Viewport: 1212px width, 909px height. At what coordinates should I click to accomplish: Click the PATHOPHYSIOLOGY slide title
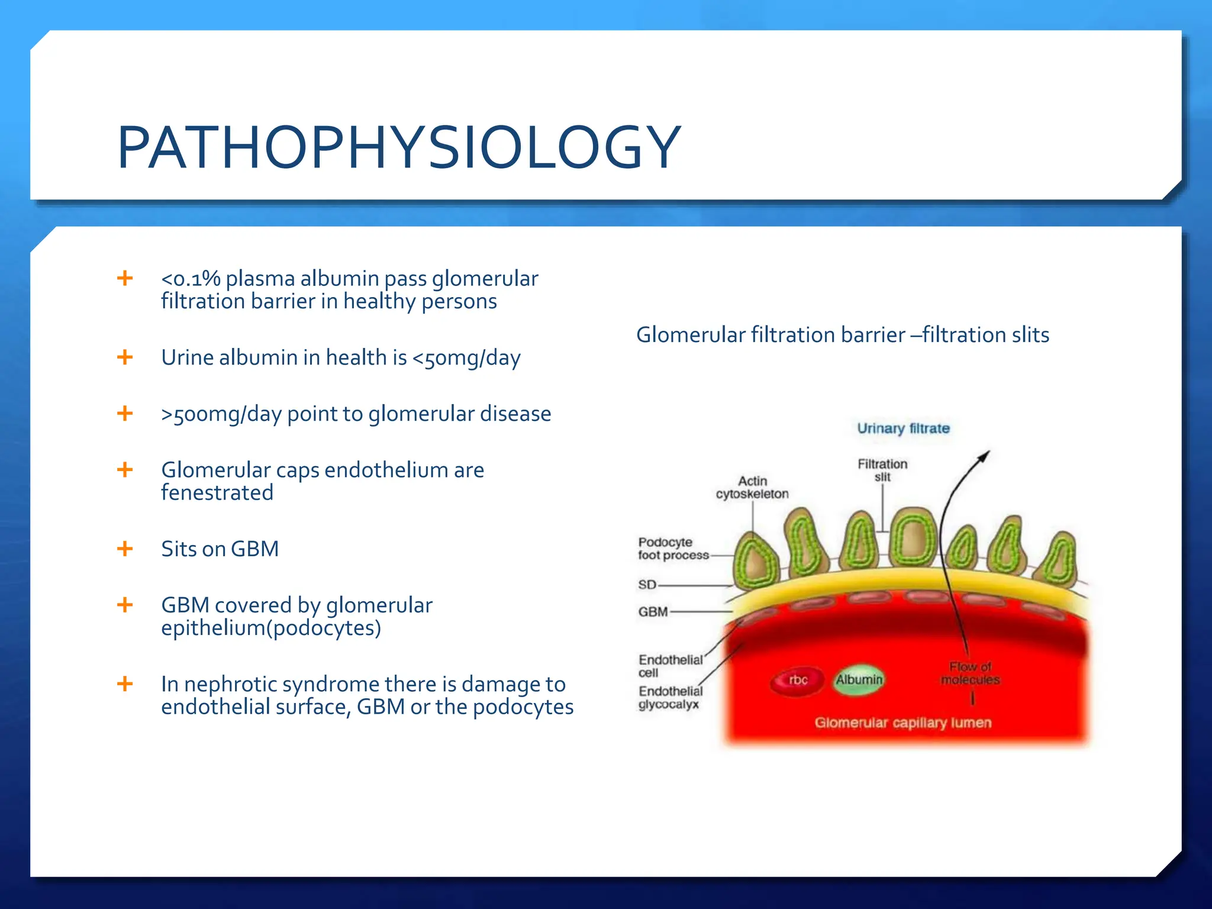coord(399,147)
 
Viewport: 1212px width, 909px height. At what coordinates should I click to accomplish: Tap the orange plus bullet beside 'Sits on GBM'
coord(125,549)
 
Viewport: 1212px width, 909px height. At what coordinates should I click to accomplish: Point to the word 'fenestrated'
coord(217,493)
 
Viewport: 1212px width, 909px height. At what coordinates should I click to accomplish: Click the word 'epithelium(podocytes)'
coord(271,628)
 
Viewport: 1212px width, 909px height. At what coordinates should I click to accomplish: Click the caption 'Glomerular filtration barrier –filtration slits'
coord(842,335)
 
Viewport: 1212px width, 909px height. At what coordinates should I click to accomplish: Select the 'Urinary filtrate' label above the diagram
coord(903,428)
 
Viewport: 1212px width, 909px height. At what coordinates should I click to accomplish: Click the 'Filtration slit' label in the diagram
coord(882,470)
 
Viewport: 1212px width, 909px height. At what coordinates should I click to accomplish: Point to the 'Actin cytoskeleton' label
coord(752,487)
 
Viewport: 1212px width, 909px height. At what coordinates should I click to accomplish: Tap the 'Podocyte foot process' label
coord(673,549)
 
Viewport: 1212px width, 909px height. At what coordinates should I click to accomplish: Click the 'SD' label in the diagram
coord(647,585)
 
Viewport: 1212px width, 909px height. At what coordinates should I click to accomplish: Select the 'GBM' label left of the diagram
coord(653,612)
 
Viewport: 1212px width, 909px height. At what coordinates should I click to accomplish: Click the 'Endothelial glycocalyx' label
coord(670,698)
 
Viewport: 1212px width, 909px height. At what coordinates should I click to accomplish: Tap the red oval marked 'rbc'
coord(798,681)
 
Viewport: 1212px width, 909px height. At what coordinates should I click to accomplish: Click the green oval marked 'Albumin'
coord(859,680)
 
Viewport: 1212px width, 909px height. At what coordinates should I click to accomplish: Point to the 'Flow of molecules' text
coord(970,673)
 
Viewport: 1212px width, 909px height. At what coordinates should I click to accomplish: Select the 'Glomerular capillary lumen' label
coord(902,723)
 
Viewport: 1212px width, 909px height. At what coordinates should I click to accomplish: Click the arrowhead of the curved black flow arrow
coord(984,456)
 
